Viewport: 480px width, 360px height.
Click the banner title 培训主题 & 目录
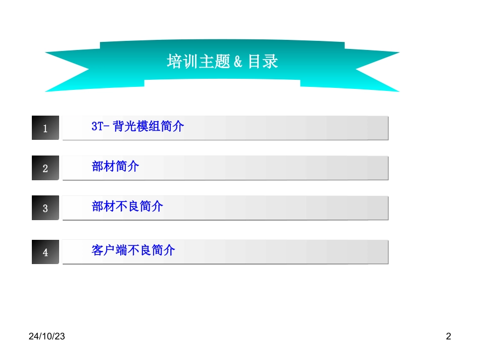pos(222,62)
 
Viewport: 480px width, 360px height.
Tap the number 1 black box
pos(45,128)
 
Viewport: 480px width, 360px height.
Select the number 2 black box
pos(45,168)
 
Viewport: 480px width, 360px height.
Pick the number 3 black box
pos(45,208)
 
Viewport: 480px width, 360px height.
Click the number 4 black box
pos(45,252)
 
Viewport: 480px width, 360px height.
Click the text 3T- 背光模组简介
pos(137,127)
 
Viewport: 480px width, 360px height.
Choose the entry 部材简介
pos(115,167)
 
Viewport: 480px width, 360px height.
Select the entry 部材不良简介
pos(127,207)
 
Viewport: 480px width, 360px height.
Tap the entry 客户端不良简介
pos(133,250)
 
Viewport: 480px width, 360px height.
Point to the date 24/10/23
pos(46,336)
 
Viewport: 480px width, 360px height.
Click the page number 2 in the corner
pos(448,336)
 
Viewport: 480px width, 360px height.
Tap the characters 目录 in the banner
pos(263,62)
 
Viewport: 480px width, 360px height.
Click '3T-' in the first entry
pos(100,127)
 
